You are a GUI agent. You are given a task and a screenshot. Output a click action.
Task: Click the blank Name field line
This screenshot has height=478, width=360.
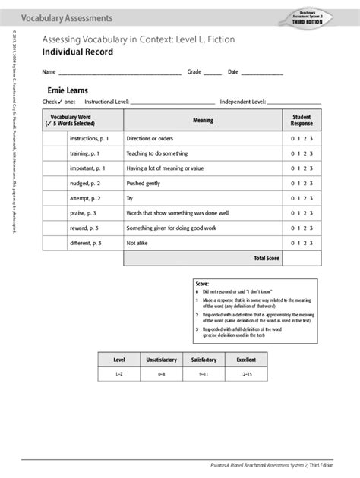[119, 73]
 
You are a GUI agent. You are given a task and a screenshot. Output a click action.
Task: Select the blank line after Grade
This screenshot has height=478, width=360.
[213, 73]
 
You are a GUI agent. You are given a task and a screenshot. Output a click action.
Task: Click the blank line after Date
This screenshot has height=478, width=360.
[261, 73]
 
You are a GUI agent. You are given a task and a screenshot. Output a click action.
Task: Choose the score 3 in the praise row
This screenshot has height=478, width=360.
[311, 213]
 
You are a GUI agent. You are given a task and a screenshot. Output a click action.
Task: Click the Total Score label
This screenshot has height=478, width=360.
[267, 259]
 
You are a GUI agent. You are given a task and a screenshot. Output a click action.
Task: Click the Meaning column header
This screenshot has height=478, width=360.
[203, 120]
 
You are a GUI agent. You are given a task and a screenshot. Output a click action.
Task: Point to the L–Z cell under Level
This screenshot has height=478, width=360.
[119, 375]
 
